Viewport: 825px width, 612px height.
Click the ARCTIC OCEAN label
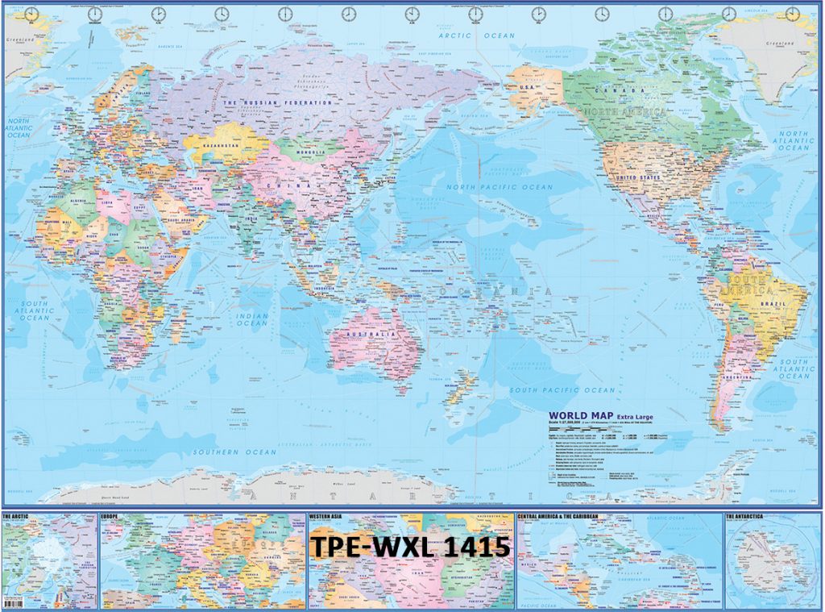(475, 35)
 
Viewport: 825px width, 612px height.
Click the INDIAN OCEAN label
(252, 318)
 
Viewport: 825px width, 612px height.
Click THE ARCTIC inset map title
(17, 514)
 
